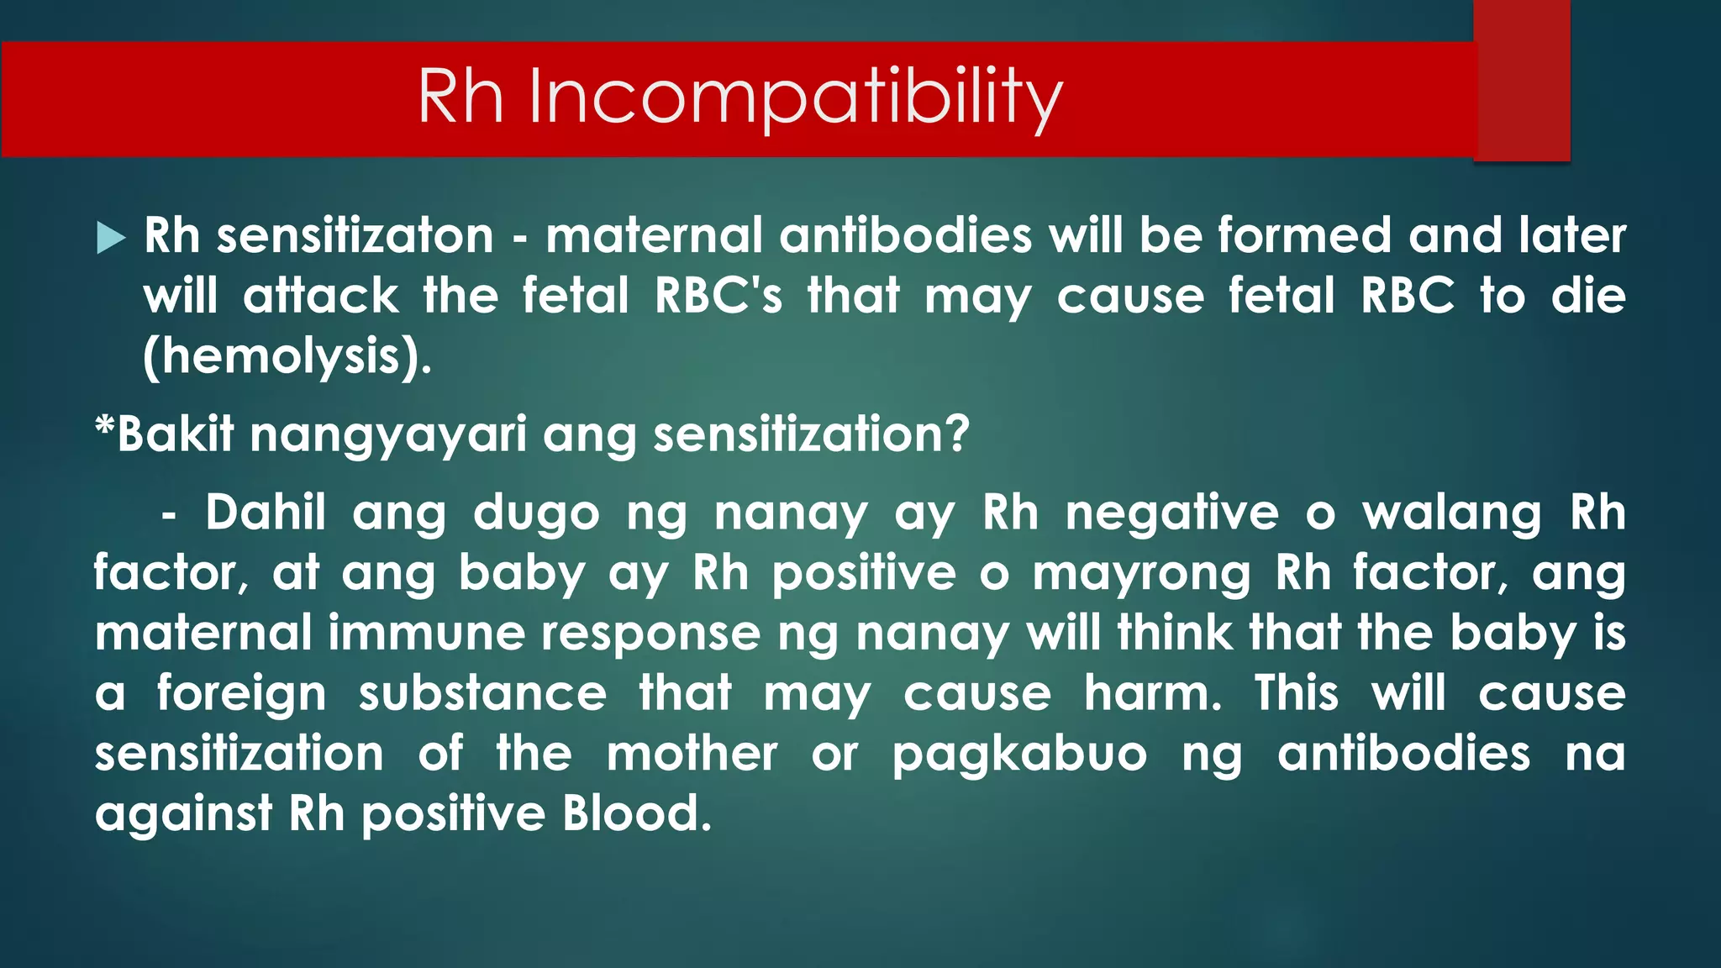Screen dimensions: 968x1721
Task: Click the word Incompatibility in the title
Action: (x=795, y=97)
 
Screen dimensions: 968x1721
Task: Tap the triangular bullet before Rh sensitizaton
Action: (x=110, y=238)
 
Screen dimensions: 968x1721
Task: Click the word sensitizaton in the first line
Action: (x=355, y=235)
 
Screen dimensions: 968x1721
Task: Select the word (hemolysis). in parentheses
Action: (x=287, y=356)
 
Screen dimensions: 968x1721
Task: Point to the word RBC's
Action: (x=718, y=296)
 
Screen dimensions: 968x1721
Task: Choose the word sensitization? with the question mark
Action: (x=811, y=434)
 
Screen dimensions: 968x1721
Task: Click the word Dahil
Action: (x=266, y=513)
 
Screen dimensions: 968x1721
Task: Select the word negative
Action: (x=1172, y=513)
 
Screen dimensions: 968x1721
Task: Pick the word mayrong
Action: (x=1141, y=574)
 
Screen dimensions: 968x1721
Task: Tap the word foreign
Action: (x=241, y=694)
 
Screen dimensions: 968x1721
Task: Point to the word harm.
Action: (x=1152, y=693)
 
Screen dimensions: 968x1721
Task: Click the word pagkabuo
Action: (x=1018, y=755)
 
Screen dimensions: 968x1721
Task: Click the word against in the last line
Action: (x=183, y=814)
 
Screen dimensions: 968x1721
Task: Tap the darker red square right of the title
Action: (x=1521, y=81)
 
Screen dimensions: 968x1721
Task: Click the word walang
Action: (x=1451, y=514)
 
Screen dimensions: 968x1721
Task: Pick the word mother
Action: (x=692, y=754)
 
